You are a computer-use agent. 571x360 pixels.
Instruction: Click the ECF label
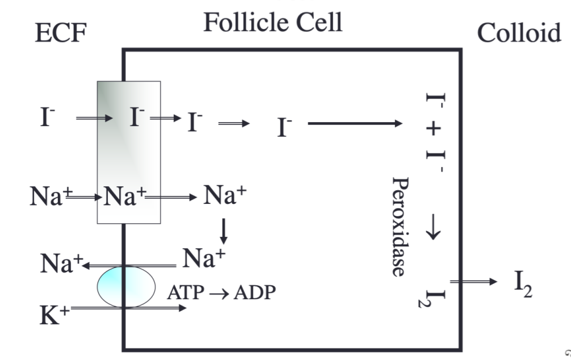tap(60, 34)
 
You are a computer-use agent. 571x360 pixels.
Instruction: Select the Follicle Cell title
tap(273, 22)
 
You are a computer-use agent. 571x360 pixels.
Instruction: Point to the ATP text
tap(183, 293)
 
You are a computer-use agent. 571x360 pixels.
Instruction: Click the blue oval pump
tap(125, 287)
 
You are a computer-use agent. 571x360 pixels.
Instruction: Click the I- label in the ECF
tap(48, 118)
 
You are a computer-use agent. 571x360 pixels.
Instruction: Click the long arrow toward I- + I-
tap(355, 123)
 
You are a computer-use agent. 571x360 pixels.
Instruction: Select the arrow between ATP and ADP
tap(217, 294)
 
